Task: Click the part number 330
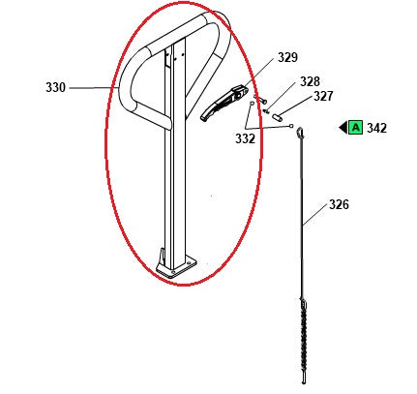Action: tap(55, 88)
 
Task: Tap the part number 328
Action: tap(309, 82)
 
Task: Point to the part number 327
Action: tap(322, 97)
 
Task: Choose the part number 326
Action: tap(339, 205)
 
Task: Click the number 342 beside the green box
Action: tap(376, 128)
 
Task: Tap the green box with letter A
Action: tap(355, 128)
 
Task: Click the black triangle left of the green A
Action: tap(343, 128)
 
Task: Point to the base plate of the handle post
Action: tap(176, 265)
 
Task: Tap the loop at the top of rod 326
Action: tap(301, 132)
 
